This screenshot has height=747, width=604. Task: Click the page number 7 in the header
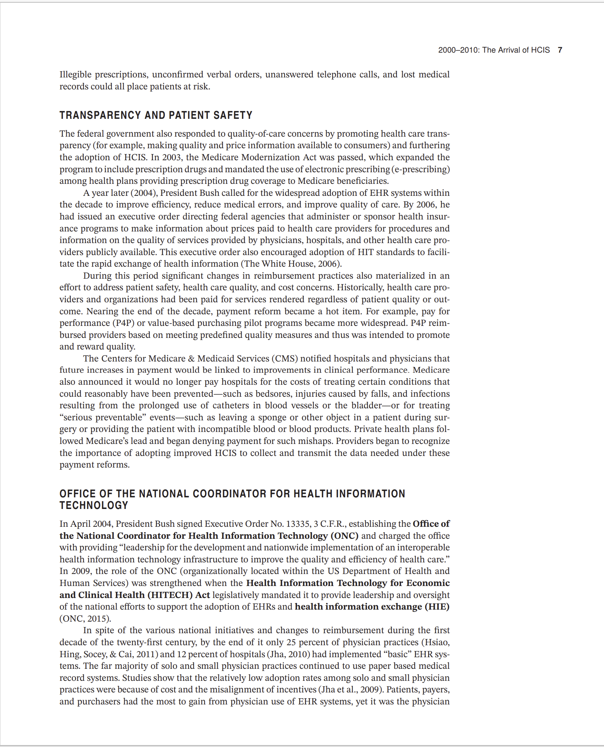[560, 50]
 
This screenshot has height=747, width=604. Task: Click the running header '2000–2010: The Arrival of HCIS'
[494, 50]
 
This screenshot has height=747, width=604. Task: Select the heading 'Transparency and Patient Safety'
[156, 115]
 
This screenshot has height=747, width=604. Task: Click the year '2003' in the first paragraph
[172, 157]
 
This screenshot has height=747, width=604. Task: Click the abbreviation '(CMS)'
[285, 358]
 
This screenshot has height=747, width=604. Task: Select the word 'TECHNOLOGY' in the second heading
[94, 505]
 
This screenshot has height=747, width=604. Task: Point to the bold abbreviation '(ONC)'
[344, 536]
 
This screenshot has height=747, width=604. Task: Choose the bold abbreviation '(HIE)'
[437, 607]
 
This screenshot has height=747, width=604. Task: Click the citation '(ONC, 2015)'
[85, 619]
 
